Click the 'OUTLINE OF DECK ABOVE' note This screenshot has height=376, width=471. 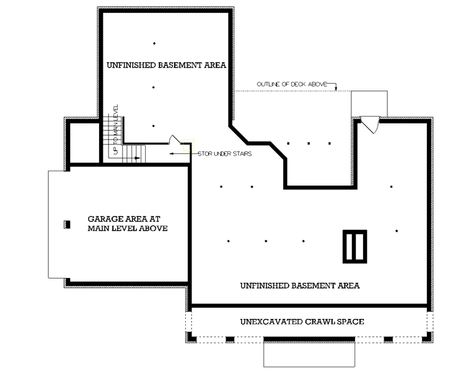[292, 84]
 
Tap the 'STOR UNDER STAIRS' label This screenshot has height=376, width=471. [225, 154]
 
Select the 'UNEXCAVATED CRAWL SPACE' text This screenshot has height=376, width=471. [302, 321]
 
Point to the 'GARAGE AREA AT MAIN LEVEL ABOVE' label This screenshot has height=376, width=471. [128, 223]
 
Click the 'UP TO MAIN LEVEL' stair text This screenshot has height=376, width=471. [116, 130]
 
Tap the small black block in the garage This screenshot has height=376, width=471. [68, 225]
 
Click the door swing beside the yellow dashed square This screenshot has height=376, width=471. [175, 140]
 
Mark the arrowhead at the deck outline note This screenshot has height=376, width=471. [336, 89]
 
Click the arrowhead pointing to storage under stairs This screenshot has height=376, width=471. [171, 154]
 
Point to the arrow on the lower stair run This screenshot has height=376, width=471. [137, 158]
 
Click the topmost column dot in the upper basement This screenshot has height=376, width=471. [154, 43]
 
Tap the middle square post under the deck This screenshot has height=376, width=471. [309, 143]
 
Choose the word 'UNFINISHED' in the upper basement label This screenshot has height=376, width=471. [131, 65]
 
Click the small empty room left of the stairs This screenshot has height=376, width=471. [84, 143]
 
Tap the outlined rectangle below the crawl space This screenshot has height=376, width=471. [309, 354]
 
